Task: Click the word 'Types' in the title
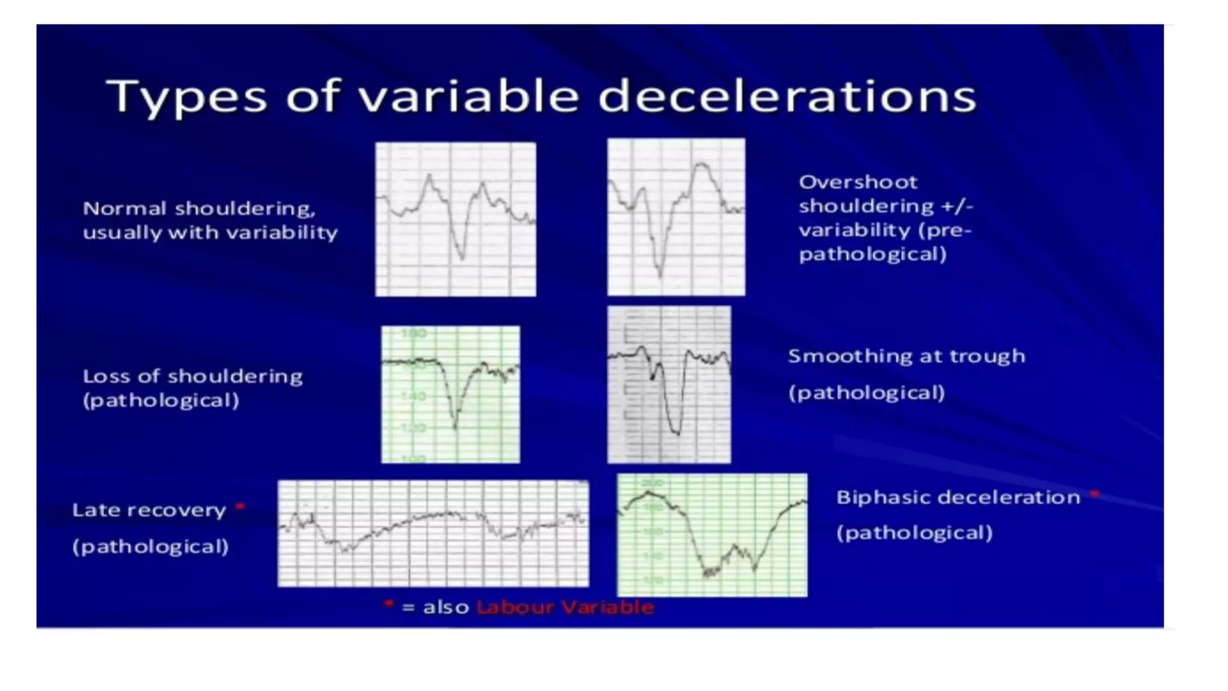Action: [186, 97]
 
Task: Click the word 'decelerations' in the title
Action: [787, 97]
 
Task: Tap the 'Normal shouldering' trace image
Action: [456, 220]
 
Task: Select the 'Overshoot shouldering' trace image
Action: [676, 217]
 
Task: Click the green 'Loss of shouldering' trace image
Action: [450, 394]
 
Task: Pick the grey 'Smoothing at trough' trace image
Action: [669, 384]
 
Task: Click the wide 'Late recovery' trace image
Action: [433, 533]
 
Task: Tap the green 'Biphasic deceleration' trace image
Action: [712, 535]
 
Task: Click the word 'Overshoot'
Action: [857, 182]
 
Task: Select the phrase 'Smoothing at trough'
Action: [906, 356]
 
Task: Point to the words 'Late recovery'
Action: [149, 510]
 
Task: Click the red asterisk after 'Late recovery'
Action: [240, 507]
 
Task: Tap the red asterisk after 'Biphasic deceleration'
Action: [1094, 494]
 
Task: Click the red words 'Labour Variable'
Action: [565, 608]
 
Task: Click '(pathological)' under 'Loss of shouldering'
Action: [161, 401]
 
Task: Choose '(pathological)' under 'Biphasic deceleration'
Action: [914, 533]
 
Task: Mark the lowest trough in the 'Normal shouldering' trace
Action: [462, 258]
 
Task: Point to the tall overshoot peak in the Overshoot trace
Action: [700, 164]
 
